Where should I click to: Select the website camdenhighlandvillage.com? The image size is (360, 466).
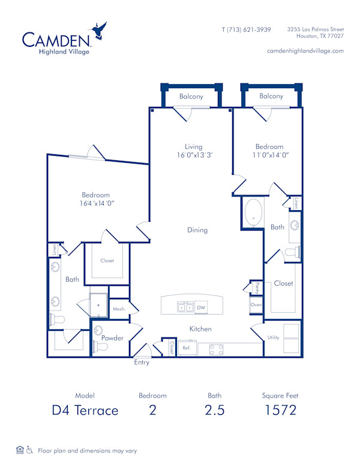(305, 51)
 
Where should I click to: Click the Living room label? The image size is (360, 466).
(194, 147)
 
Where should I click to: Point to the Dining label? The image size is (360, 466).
(197, 230)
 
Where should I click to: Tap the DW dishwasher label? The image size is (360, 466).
(201, 307)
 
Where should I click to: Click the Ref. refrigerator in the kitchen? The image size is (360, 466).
(186, 348)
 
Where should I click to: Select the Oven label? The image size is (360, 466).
(256, 305)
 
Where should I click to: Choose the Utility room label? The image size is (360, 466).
(274, 337)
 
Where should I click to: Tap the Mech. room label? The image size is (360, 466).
(118, 309)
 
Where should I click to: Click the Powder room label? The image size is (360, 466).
(113, 337)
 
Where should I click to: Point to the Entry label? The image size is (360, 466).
(142, 363)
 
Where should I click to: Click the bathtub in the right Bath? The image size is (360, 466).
(253, 213)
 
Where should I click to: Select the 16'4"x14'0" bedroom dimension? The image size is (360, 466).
(95, 203)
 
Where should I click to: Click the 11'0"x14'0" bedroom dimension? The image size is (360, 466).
(269, 155)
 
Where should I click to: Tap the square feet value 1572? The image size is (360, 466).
(280, 411)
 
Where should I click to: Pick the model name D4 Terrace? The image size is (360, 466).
(85, 411)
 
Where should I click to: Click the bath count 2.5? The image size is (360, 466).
(214, 411)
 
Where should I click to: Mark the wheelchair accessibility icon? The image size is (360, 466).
(29, 450)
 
